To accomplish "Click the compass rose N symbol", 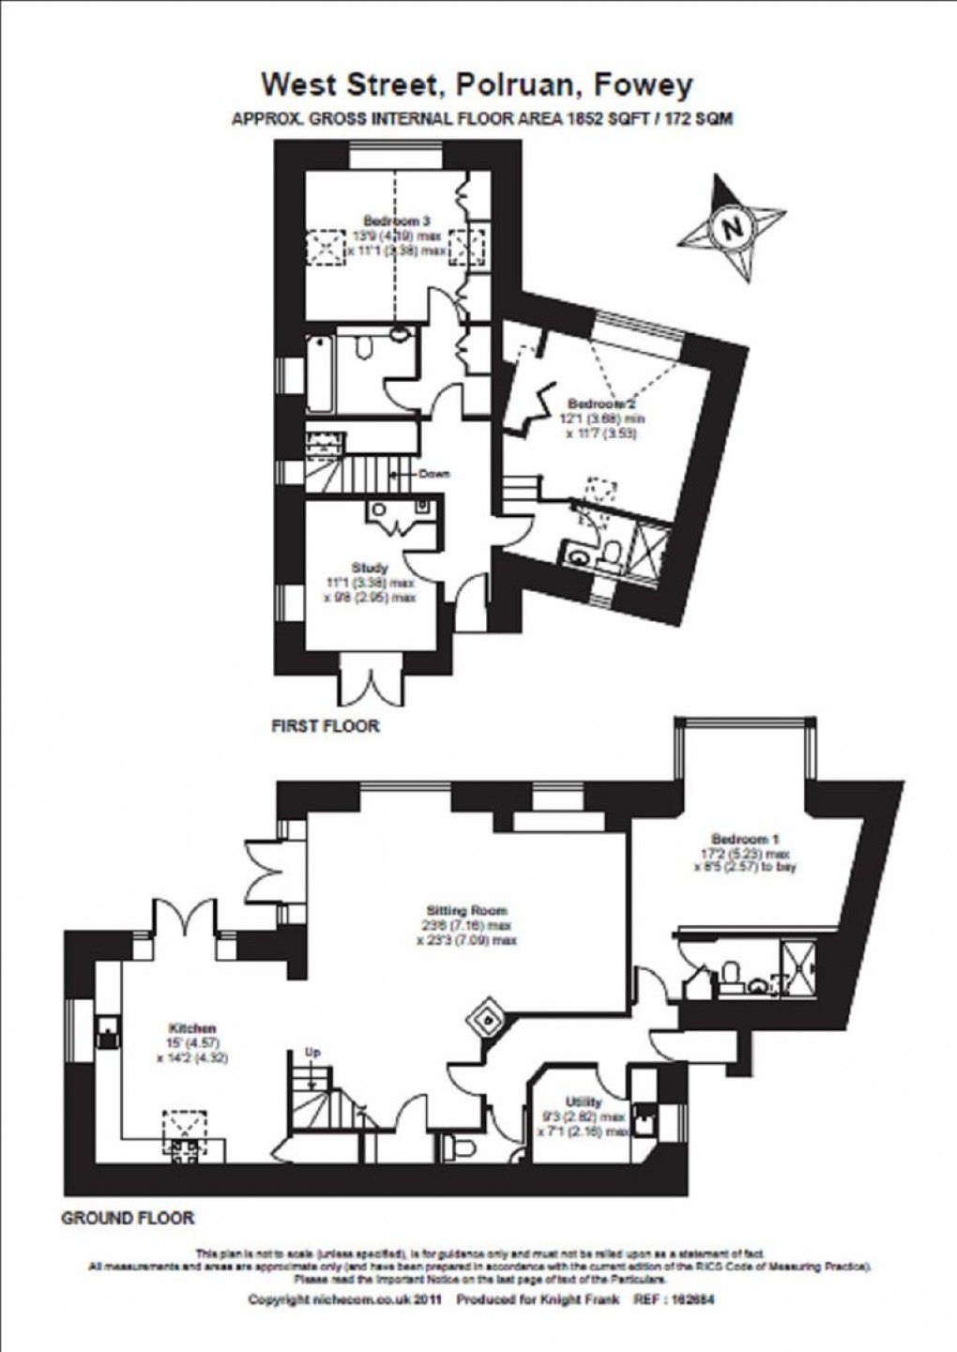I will coord(733,226).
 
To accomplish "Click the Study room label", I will coord(370,568).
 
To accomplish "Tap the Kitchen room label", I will coord(192,1028).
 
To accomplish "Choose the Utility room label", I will coord(583,1101).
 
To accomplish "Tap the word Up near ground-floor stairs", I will coord(314,1053).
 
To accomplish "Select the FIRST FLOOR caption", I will coord(325,725).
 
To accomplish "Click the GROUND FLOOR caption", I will coord(128,1218).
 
